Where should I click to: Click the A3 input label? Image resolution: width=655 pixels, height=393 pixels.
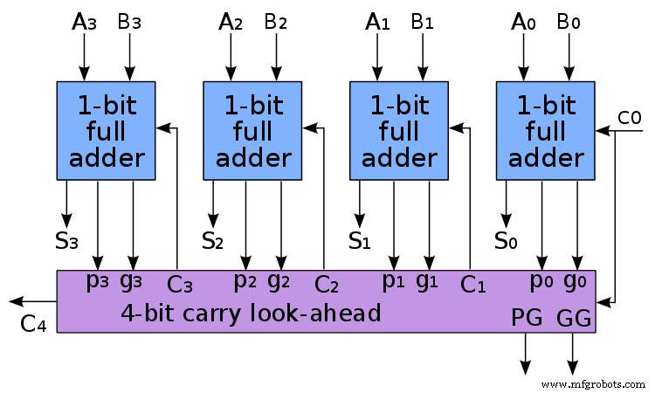click(83, 22)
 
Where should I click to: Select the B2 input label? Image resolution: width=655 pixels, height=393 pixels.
click(276, 22)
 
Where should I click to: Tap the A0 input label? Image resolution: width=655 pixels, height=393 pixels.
click(523, 22)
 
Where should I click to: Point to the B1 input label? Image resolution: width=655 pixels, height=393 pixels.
click(423, 22)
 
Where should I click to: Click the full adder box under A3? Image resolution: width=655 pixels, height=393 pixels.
click(107, 130)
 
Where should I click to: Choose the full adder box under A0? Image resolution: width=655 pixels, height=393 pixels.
click(546, 130)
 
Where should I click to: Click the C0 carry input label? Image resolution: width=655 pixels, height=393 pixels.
click(630, 117)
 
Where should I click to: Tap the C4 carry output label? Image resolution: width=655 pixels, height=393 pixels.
click(33, 324)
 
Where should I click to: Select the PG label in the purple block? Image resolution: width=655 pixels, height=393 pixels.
click(527, 320)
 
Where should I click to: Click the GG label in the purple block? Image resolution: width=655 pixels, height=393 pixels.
click(574, 320)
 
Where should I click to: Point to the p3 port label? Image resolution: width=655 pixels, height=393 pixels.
click(99, 281)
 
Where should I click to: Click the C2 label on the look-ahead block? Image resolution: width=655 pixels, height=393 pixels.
click(326, 284)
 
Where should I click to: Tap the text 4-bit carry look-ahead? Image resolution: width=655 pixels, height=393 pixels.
click(251, 312)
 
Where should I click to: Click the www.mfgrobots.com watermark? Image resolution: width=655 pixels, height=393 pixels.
click(593, 383)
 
